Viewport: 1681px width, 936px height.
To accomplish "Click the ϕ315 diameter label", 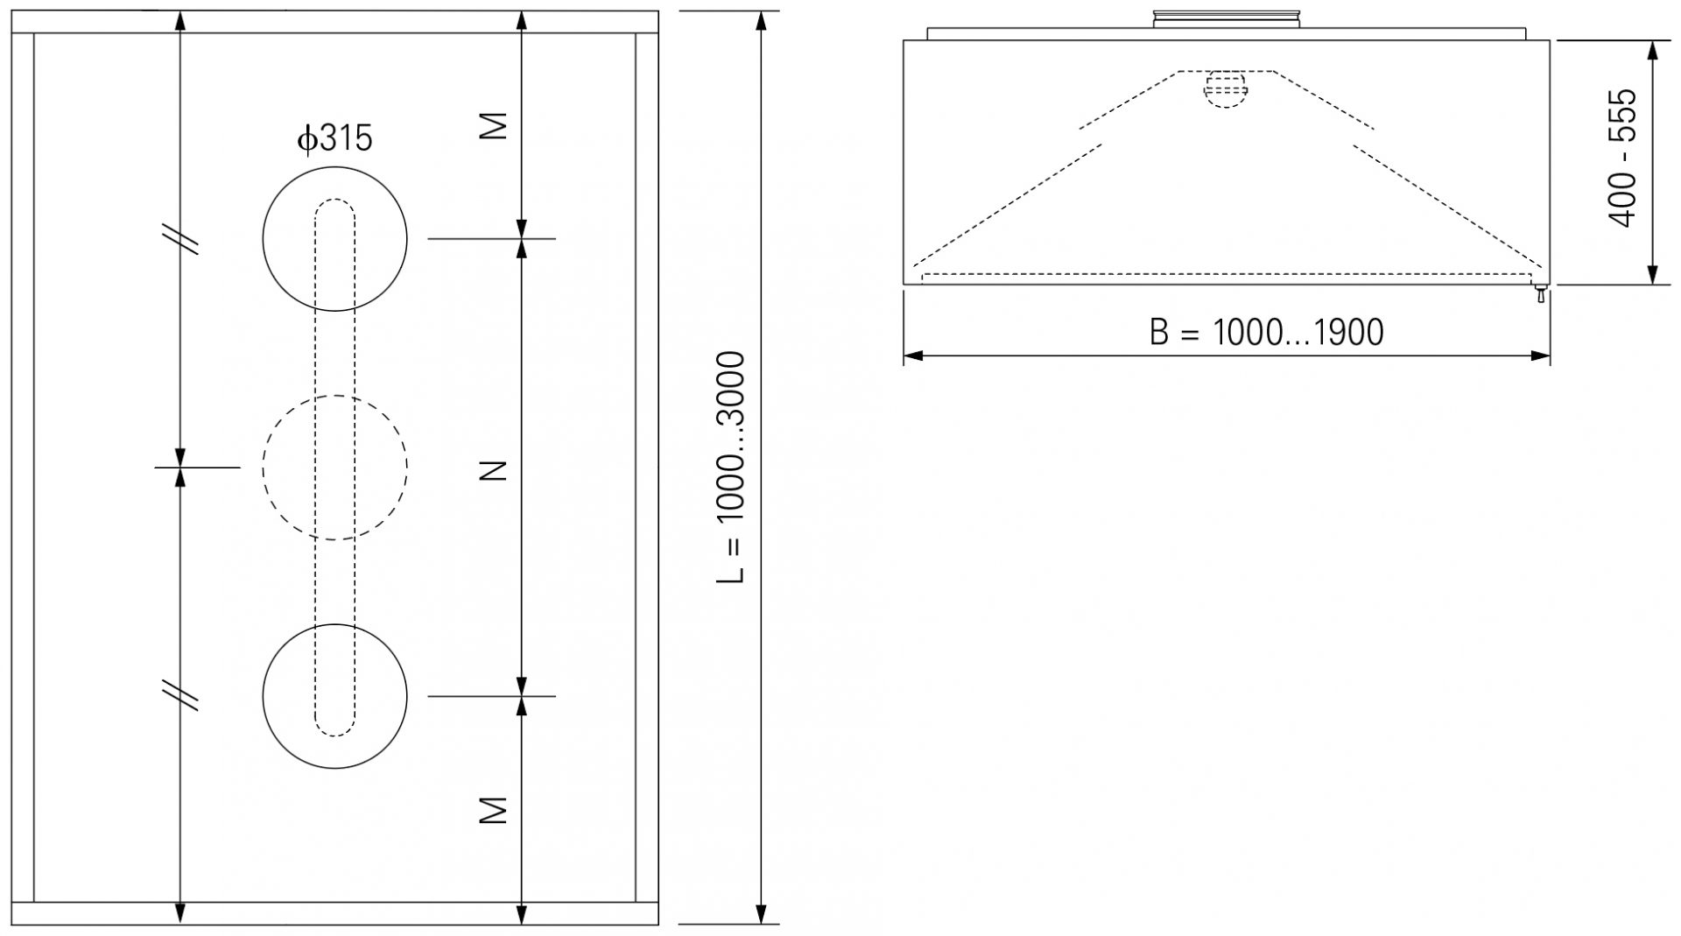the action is pyautogui.click(x=334, y=138).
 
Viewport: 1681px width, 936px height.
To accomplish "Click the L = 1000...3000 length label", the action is pyautogui.click(x=731, y=468).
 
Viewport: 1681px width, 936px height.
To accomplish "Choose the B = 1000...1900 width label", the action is pyautogui.click(x=1266, y=332).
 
